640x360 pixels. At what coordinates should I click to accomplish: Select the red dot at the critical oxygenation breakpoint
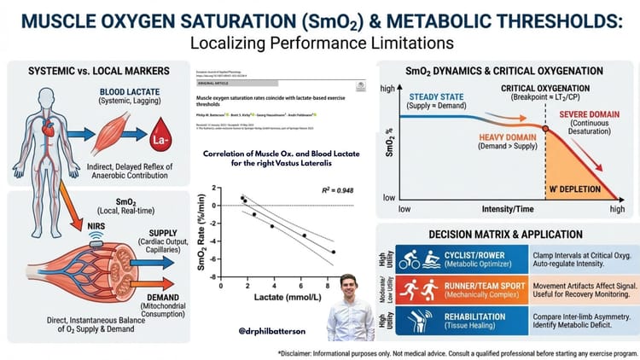(544, 128)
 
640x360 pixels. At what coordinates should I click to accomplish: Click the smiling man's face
(354, 287)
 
